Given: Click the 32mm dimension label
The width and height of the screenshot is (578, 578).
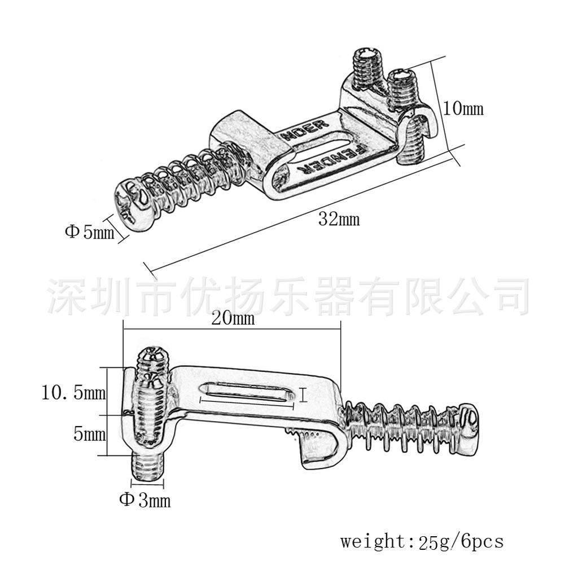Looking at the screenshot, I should tap(339, 219).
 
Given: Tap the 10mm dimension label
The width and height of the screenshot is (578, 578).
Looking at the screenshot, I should tap(463, 108).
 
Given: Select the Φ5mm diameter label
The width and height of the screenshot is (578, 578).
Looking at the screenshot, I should tap(89, 231).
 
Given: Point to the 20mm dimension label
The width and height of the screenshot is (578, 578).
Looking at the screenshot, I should tap(233, 319).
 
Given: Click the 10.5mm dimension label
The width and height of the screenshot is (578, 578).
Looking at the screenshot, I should tap(73, 392).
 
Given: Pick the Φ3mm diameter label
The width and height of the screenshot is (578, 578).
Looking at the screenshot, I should tap(144, 500).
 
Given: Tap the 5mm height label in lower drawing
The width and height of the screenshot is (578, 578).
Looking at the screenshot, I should tap(90, 435).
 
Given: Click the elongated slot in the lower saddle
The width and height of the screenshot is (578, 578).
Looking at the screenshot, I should tap(248, 391).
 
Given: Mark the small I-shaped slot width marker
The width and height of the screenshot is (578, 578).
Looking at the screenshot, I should tap(304, 394).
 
